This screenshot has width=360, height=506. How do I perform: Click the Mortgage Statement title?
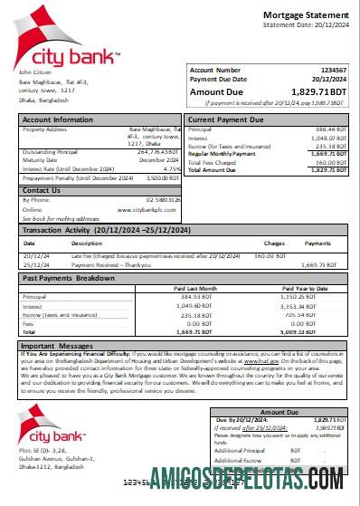click(x=303, y=16)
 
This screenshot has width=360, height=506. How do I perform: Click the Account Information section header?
click(x=59, y=119)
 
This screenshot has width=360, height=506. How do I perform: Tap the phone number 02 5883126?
click(x=160, y=200)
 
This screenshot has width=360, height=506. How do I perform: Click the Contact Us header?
click(x=42, y=190)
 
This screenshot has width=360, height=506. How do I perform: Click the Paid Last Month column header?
click(x=196, y=288)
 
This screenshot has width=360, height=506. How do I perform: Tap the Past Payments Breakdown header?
click(x=69, y=277)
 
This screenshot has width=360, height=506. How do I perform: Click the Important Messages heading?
click(x=58, y=346)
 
